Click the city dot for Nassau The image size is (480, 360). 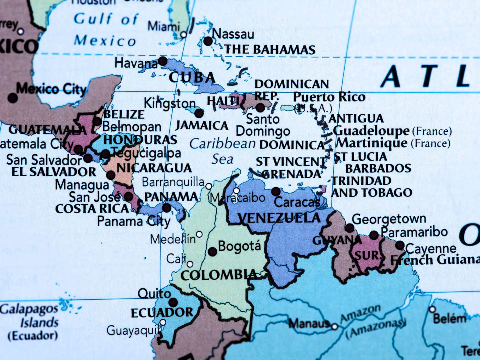[208, 41]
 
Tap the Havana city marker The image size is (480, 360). [163, 61]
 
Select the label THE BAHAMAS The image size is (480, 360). [270, 50]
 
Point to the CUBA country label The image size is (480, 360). [192, 77]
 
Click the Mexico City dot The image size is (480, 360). [13, 98]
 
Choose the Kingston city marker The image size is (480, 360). [199, 113]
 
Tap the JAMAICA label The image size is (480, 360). [202, 126]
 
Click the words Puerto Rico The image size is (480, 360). [329, 97]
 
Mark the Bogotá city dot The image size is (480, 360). [212, 252]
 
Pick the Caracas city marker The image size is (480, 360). [276, 192]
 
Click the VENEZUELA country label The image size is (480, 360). [279, 218]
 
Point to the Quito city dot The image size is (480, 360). [173, 302]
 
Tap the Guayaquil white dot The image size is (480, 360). [163, 322]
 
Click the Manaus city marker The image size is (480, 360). [335, 327]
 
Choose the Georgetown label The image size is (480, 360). [389, 219]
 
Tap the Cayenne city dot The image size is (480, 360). [400, 245]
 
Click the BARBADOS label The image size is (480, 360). [378, 168]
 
